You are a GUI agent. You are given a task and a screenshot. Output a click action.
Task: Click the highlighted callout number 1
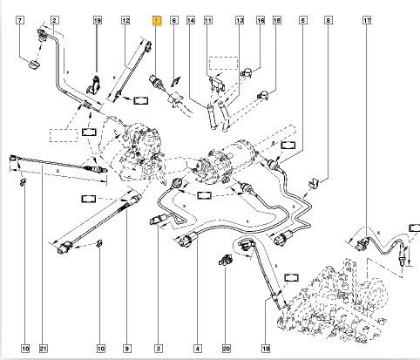click(x=157, y=19)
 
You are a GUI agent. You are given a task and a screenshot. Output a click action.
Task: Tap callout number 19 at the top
click(x=97, y=19)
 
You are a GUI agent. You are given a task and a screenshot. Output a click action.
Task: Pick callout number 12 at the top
click(x=125, y=19)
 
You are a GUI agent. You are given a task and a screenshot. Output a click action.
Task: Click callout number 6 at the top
click(x=174, y=19)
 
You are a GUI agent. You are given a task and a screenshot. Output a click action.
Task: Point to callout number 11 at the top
click(x=207, y=19)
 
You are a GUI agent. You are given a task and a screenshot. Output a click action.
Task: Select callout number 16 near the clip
click(x=261, y=19)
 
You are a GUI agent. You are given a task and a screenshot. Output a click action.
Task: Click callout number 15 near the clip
click(x=278, y=19)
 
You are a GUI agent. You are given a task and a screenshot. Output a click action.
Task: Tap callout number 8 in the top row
click(x=328, y=19)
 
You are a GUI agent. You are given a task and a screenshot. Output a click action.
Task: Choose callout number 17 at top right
click(x=368, y=19)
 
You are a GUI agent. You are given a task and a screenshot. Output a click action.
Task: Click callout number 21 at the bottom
click(x=42, y=349)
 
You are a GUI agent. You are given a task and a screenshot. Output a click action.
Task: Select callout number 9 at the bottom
click(x=126, y=349)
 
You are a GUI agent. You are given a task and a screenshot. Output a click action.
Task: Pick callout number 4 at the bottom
click(x=200, y=349)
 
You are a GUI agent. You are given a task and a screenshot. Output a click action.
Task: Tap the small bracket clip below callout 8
click(x=315, y=184)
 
